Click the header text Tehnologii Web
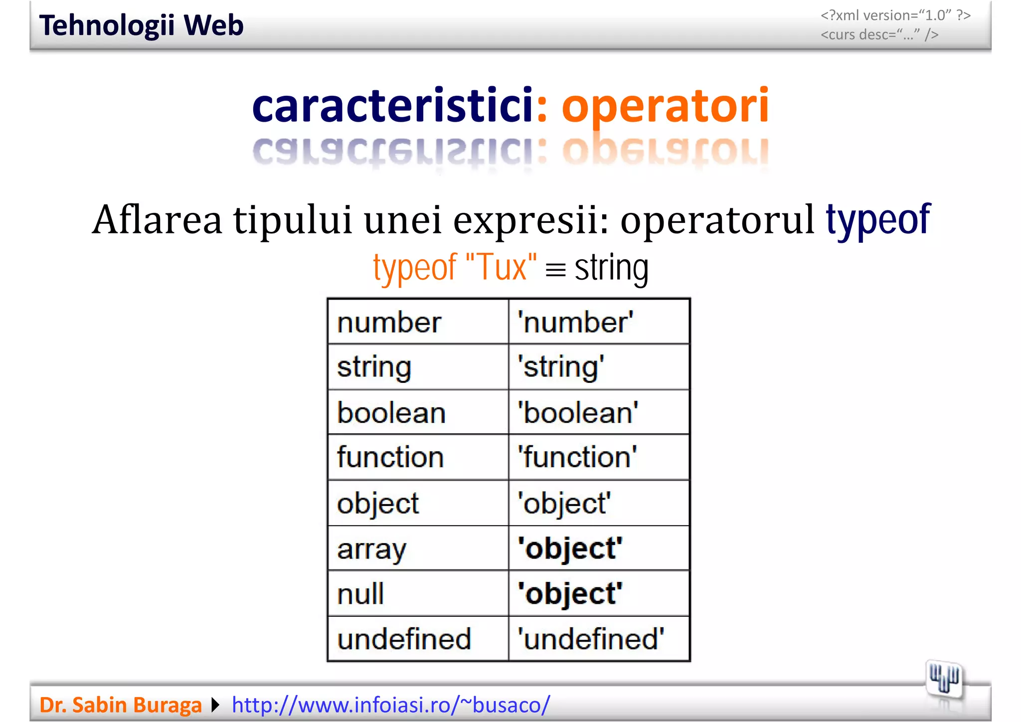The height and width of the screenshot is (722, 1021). pyautogui.click(x=141, y=26)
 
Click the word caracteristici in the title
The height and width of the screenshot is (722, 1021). pyautogui.click(x=393, y=105)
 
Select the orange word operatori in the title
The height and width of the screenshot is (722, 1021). pyautogui.click(x=665, y=106)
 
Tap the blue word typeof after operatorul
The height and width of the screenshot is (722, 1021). pyautogui.click(x=878, y=219)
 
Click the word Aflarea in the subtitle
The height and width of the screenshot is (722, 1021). pyautogui.click(x=157, y=220)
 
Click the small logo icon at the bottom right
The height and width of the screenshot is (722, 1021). pyautogui.click(x=944, y=680)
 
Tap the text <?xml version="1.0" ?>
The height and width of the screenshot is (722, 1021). pyautogui.click(x=895, y=15)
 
